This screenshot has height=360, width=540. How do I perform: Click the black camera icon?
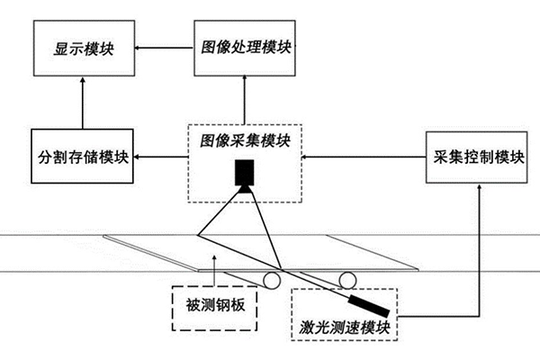(244, 173)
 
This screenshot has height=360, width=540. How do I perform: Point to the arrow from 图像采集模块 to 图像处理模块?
(244, 99)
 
